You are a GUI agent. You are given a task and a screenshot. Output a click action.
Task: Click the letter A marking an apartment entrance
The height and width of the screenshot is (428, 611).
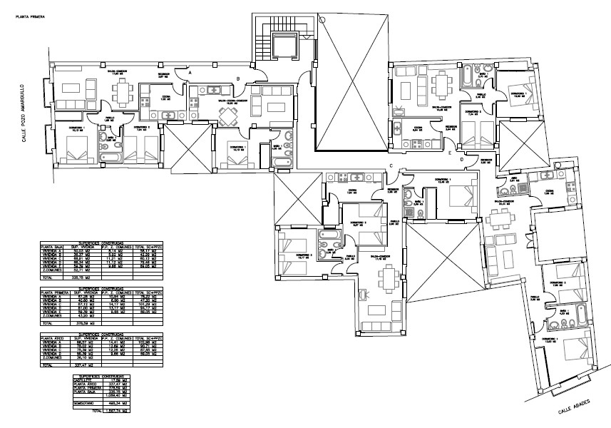click(x=190, y=71)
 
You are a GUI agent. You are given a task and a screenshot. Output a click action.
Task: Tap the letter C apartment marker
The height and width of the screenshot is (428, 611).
click(x=391, y=166)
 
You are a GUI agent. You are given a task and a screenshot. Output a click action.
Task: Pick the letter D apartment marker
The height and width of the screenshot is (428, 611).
click(x=463, y=160)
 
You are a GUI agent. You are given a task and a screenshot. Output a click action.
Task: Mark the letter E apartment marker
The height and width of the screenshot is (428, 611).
click(x=450, y=152)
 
